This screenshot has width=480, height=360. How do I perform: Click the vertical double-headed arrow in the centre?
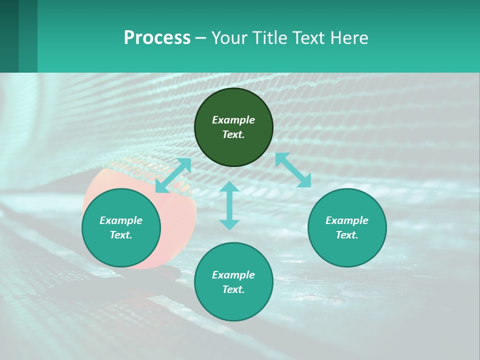pos(229,205)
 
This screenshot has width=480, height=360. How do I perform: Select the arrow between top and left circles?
pos(173,175)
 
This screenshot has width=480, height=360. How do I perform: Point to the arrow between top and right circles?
pos(293,170)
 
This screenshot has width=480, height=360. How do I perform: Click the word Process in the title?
pos(157,37)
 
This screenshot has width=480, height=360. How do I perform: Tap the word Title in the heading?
pos(270,37)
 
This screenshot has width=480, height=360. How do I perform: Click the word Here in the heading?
pos(349,37)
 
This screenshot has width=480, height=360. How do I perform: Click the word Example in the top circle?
pos(233,120)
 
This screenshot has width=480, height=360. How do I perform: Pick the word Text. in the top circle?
pos(233,134)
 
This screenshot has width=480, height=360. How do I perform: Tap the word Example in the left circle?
pos(121,220)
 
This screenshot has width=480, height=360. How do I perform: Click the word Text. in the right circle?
pos(347,235)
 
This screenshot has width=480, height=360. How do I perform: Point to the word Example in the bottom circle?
pos(233,275)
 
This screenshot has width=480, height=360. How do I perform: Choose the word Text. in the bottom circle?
pos(233,289)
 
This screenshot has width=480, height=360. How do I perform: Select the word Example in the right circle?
pos(347,220)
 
